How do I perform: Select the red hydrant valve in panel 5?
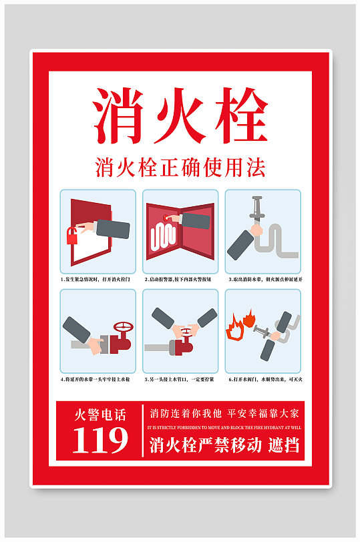pyautogui.click(x=182, y=346)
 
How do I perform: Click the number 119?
pyautogui.click(x=100, y=440)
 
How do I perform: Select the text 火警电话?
pyautogui.click(x=100, y=415)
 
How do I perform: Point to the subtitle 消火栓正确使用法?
pyautogui.click(x=180, y=166)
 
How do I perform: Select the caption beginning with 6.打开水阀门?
pyautogui.click(x=264, y=379)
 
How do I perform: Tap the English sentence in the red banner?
pyautogui.click(x=225, y=427)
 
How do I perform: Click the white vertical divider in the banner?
pyautogui.click(x=143, y=430)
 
